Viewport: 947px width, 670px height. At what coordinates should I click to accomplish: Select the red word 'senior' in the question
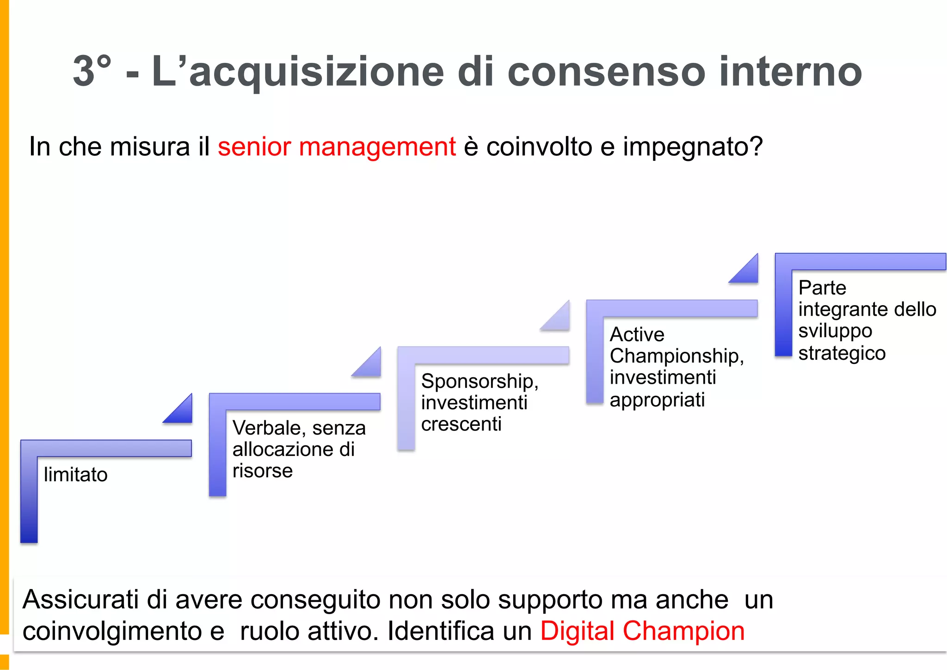click(x=254, y=147)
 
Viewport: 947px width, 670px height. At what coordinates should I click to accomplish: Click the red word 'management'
click(x=377, y=148)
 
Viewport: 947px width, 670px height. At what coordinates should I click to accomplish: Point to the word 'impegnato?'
click(x=692, y=148)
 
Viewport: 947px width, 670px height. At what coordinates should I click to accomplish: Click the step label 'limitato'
click(x=76, y=475)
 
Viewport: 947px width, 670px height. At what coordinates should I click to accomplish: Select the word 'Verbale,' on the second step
click(x=269, y=428)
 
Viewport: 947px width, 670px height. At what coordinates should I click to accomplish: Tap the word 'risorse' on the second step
click(x=263, y=471)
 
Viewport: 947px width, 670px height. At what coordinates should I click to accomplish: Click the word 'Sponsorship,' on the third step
click(x=480, y=382)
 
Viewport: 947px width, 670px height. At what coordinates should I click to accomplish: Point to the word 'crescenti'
click(x=461, y=424)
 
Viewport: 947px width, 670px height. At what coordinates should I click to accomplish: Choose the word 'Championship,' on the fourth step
click(x=676, y=357)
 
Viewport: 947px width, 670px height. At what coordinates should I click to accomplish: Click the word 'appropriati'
click(x=657, y=400)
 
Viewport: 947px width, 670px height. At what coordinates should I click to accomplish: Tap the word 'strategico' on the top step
click(x=842, y=354)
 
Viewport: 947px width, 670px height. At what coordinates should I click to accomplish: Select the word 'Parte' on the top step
click(x=822, y=288)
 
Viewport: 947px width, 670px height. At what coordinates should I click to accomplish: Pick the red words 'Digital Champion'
click(x=642, y=631)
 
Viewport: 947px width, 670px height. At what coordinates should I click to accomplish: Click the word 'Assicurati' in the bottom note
click(x=80, y=600)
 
